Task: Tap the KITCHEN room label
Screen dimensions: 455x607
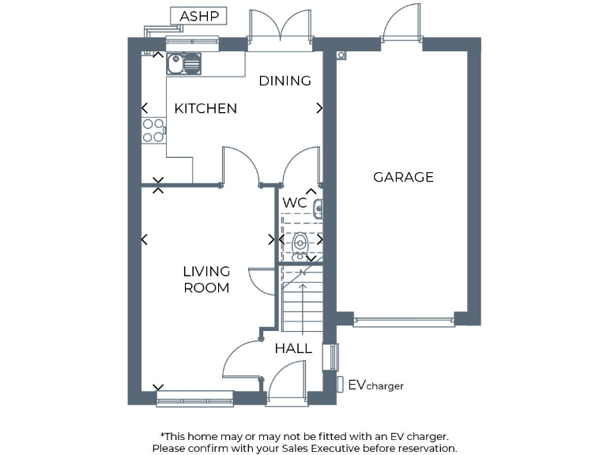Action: click(x=205, y=109)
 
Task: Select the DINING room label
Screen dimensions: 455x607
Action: click(x=285, y=81)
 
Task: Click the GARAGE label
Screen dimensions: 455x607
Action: click(x=403, y=177)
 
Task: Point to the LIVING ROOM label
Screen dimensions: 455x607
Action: click(x=206, y=280)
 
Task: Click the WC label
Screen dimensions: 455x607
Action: click(x=295, y=203)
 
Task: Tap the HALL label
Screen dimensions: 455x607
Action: click(x=293, y=348)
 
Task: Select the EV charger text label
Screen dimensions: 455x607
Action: click(x=376, y=385)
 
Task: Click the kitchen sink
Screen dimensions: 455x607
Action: click(x=184, y=62)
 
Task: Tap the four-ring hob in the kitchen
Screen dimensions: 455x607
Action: click(x=153, y=130)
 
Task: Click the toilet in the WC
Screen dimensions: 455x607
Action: click(x=300, y=246)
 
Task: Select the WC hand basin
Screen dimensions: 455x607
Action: click(x=317, y=209)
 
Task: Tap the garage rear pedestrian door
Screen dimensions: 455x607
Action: click(x=402, y=24)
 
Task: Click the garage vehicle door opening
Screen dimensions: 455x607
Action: click(x=403, y=320)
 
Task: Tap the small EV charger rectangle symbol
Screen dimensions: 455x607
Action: click(x=340, y=385)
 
